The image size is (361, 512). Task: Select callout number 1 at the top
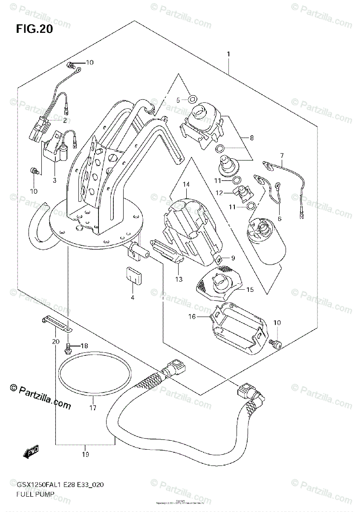[228, 54]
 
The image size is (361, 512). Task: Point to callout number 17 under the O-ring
[93, 408]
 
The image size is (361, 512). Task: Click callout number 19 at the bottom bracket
[85, 455]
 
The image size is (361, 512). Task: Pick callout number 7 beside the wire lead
[282, 155]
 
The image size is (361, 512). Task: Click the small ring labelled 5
[192, 100]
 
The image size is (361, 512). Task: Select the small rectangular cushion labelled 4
[133, 275]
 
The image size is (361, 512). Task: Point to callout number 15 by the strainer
[249, 290]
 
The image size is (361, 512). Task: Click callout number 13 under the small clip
[178, 279]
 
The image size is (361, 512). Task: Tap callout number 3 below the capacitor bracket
[54, 180]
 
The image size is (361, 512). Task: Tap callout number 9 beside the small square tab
[233, 258]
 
